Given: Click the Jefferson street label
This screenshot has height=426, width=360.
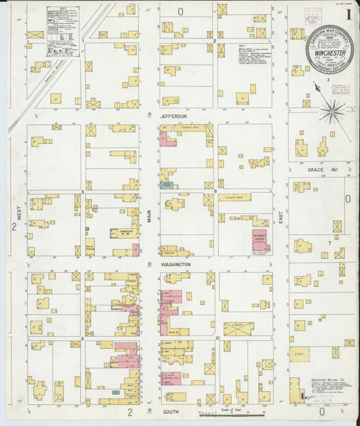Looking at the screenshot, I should tap(173, 116).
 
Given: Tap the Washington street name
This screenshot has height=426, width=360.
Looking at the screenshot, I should tap(176, 265).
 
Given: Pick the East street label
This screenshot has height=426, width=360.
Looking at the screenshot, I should tap(280, 216).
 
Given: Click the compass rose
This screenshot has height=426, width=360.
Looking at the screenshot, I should tap(331, 111).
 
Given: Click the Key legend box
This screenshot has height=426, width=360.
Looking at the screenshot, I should tap(62, 31).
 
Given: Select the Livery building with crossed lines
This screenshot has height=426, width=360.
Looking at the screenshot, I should tap(238, 328).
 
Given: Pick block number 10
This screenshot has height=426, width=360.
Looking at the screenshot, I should tap(217, 337).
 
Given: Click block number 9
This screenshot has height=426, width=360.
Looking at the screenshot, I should tap(82, 337).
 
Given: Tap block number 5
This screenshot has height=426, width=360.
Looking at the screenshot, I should tap(82, 192).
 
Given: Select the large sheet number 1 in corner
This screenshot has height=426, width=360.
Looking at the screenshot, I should tap(348, 13).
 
